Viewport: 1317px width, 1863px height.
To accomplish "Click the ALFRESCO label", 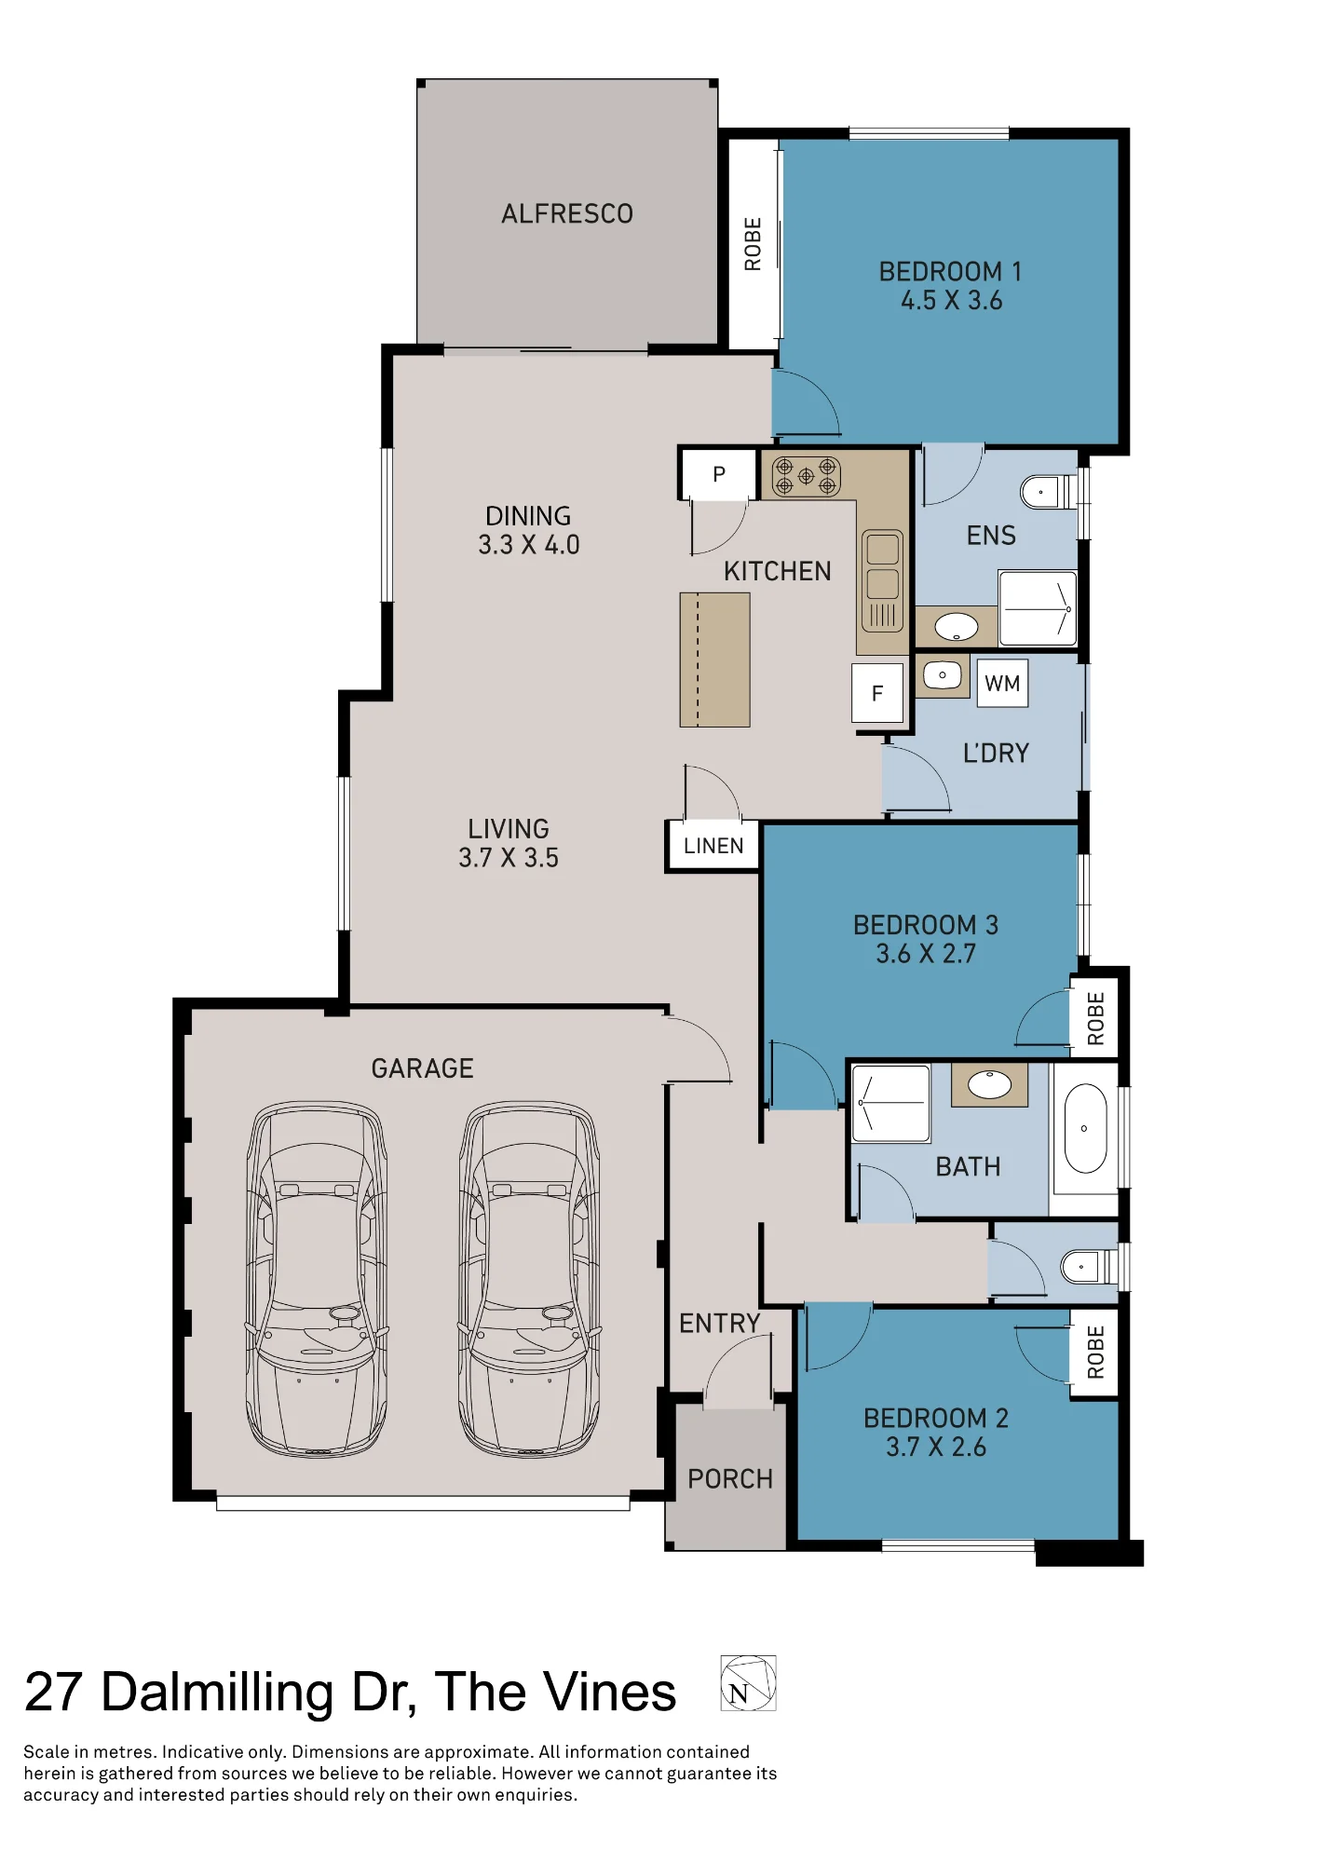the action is tap(567, 214).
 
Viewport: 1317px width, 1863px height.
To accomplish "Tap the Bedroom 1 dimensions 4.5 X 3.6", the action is tap(951, 301).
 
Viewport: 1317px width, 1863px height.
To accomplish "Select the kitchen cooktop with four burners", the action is tap(807, 476).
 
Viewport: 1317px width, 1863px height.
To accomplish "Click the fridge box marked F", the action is tap(877, 693).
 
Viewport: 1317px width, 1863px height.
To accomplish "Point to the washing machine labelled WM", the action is tap(1002, 684).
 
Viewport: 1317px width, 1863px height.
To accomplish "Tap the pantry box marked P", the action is tap(719, 474).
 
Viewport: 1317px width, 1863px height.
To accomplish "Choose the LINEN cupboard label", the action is tap(713, 846).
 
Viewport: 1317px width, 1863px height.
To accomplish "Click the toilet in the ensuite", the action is tap(1049, 491).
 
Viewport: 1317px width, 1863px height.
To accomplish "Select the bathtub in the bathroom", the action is tap(1085, 1128).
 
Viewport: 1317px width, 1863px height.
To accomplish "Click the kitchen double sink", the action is tap(882, 579).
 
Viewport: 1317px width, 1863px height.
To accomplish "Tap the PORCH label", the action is tap(730, 1479).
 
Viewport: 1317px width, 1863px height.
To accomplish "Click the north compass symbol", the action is tap(748, 1683).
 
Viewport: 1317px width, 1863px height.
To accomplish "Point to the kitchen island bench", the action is tap(714, 660).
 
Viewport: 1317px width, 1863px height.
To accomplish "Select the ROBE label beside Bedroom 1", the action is tap(753, 244).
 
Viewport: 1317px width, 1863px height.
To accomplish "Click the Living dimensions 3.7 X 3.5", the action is tap(509, 858).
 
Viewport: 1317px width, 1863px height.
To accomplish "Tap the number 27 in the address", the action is tap(53, 1692).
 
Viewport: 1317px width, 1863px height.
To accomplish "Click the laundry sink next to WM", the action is tap(943, 675).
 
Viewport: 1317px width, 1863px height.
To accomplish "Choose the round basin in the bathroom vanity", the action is tap(989, 1084).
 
